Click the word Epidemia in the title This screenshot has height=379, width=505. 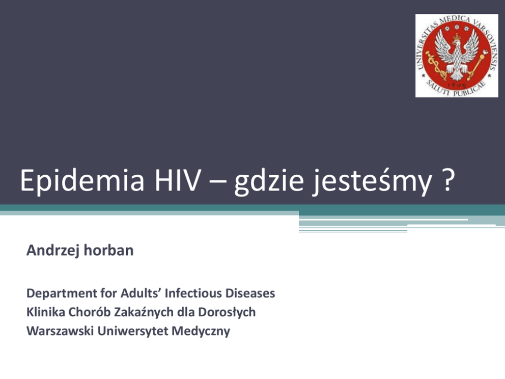(x=82, y=180)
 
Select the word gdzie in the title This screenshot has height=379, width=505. (x=269, y=181)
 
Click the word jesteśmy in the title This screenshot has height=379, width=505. (x=372, y=181)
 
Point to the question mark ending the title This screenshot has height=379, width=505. (x=447, y=180)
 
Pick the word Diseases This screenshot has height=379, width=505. (x=250, y=293)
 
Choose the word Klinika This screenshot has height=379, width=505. (x=46, y=312)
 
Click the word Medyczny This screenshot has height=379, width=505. (x=201, y=332)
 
